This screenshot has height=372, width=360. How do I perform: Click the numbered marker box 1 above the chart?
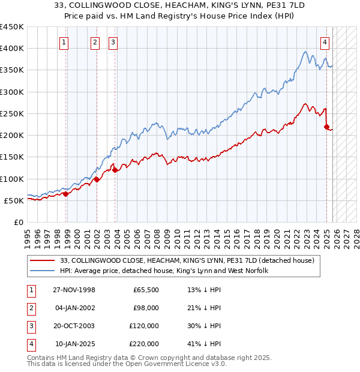(x=64, y=42)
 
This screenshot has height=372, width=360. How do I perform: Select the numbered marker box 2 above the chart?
(x=95, y=42)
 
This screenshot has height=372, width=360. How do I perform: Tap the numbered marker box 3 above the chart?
(x=113, y=42)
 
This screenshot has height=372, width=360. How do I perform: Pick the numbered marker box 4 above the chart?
(x=324, y=42)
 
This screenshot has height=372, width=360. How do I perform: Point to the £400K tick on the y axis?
(x=12, y=49)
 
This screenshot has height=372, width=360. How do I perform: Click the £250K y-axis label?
(x=12, y=113)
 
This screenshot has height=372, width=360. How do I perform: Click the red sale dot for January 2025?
(x=326, y=127)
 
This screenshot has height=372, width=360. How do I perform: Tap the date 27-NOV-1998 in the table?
(x=74, y=290)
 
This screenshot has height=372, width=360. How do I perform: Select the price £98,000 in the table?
(x=146, y=308)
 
